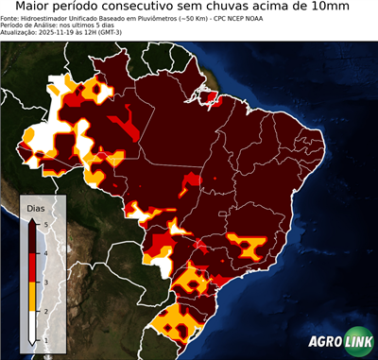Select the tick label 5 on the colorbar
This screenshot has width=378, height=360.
pos(47,223)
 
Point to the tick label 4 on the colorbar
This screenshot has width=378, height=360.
pos(47,252)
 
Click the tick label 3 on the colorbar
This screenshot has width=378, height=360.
pos(47,282)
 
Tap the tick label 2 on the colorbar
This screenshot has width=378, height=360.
pos(47,311)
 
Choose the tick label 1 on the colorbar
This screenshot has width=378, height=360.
pos(47,339)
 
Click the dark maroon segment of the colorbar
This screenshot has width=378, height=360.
pos(33,237)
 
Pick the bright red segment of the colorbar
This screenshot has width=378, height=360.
pos(33,266)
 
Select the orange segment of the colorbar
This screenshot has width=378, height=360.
pos(33,296)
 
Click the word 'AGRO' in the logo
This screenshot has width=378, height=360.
pos(324,343)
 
